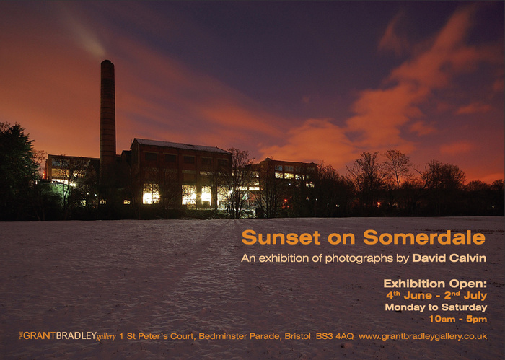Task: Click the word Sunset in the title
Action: pos(281,237)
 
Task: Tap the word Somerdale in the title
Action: pos(424,237)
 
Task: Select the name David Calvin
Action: pos(449,258)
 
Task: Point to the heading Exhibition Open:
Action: pos(435,284)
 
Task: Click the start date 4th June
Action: pos(409,295)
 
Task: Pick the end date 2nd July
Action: pos(465,295)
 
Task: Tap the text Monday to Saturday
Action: pos(436,307)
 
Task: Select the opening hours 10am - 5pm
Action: pos(458,319)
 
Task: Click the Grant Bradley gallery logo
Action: pos(68,336)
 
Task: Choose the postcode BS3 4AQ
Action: pos(335,336)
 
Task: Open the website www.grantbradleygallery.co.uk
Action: pos(423,336)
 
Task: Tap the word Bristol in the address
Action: pos(298,336)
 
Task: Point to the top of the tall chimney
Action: pos(107,60)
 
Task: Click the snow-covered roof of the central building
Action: pos(180,146)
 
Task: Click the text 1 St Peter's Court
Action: pos(157,336)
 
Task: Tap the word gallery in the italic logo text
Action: pos(106,337)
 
